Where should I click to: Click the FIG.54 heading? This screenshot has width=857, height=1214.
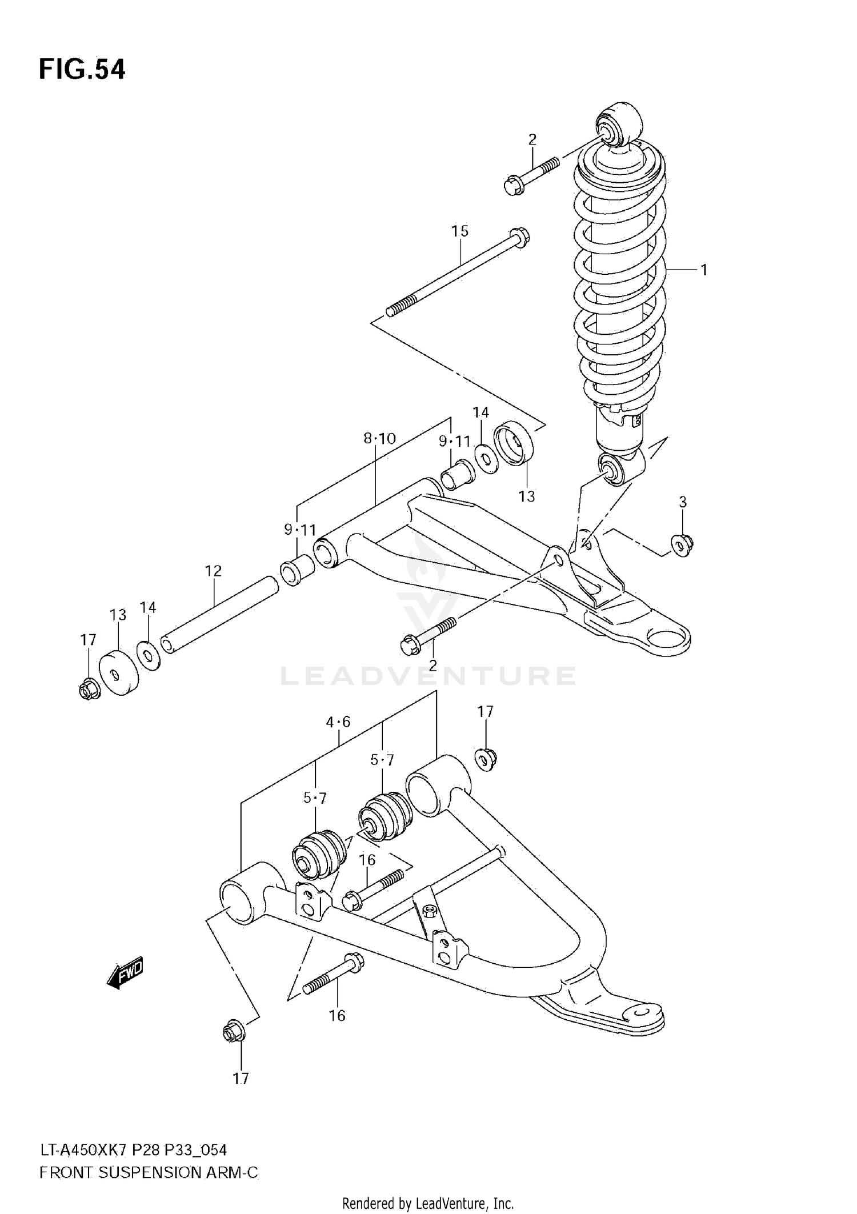click(82, 69)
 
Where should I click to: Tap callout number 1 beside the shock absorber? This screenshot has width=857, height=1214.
click(704, 269)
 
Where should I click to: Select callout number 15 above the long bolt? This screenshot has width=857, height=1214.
click(459, 231)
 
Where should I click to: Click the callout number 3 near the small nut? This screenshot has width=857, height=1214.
click(682, 502)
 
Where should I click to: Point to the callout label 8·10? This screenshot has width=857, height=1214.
click(379, 438)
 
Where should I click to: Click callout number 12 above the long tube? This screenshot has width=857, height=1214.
click(213, 570)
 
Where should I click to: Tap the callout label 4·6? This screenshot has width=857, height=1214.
click(338, 722)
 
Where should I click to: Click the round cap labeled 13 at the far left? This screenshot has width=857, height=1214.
click(119, 674)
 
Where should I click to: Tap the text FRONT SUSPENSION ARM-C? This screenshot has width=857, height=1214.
click(149, 1173)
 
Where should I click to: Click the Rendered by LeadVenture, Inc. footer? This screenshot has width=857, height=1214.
click(428, 1203)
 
